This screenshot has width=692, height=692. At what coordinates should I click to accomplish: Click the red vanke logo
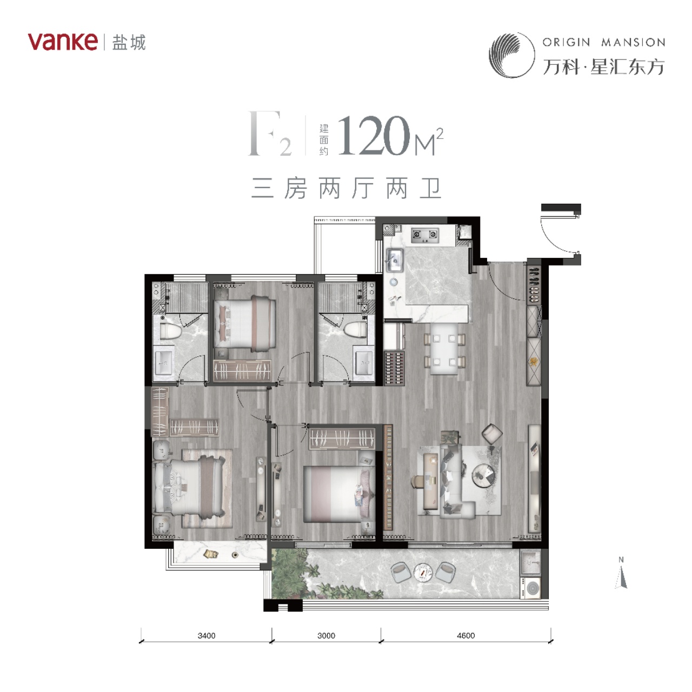[x=63, y=42]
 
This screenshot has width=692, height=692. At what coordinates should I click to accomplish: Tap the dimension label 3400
[x=206, y=636]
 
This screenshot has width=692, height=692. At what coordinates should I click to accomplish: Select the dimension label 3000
[x=326, y=636]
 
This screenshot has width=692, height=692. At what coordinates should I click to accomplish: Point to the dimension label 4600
[x=466, y=636]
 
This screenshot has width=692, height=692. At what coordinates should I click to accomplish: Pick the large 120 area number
[x=374, y=135]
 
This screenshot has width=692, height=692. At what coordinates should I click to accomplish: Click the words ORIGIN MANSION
[x=604, y=42]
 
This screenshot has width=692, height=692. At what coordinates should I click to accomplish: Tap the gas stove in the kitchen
[x=425, y=235]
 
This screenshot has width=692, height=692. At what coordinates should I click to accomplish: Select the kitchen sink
[x=394, y=261]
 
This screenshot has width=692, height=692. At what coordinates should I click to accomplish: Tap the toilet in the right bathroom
[x=355, y=330]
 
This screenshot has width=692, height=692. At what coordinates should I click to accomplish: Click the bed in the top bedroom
[x=245, y=323]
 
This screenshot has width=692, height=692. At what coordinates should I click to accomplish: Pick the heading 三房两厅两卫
[x=346, y=188]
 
